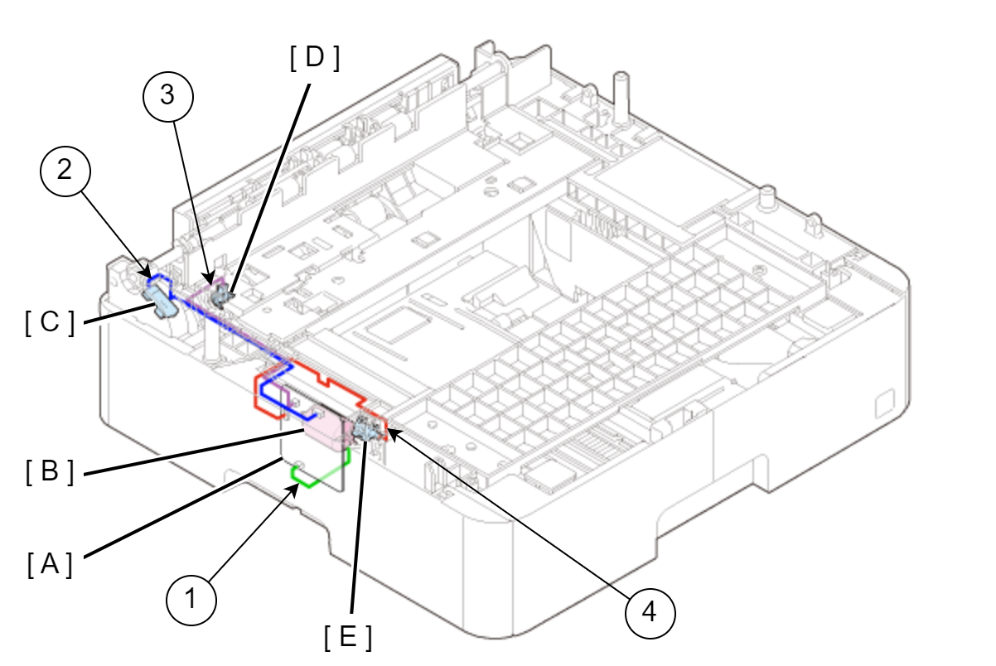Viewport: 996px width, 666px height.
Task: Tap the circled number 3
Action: tap(168, 96)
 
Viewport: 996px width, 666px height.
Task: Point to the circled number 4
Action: tap(650, 613)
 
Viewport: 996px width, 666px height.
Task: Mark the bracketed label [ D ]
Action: tap(315, 58)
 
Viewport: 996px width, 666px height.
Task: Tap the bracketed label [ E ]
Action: tap(348, 637)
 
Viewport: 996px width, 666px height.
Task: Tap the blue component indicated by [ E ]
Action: tap(365, 429)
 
